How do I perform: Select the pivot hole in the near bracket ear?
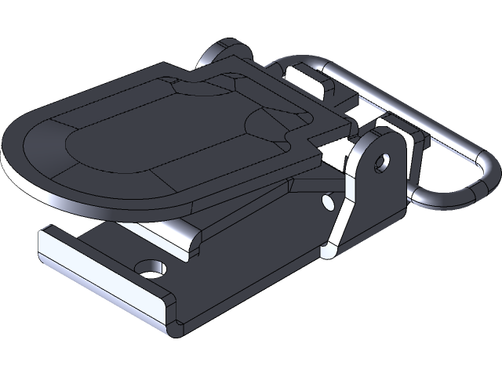[x=382, y=163]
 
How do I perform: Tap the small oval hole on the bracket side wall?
[x=328, y=202]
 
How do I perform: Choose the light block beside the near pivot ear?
[x=392, y=125]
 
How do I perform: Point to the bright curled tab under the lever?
[x=188, y=239]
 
